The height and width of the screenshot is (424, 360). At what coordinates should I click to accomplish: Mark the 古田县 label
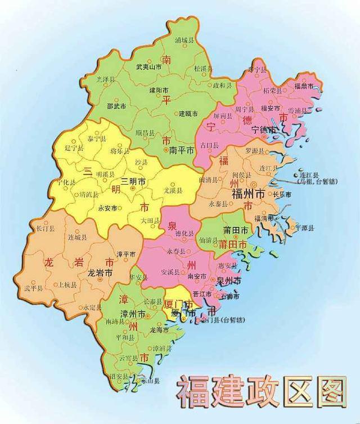216,145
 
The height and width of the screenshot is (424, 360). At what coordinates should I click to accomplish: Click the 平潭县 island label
304,227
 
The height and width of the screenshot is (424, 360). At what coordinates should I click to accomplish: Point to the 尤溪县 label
173,191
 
